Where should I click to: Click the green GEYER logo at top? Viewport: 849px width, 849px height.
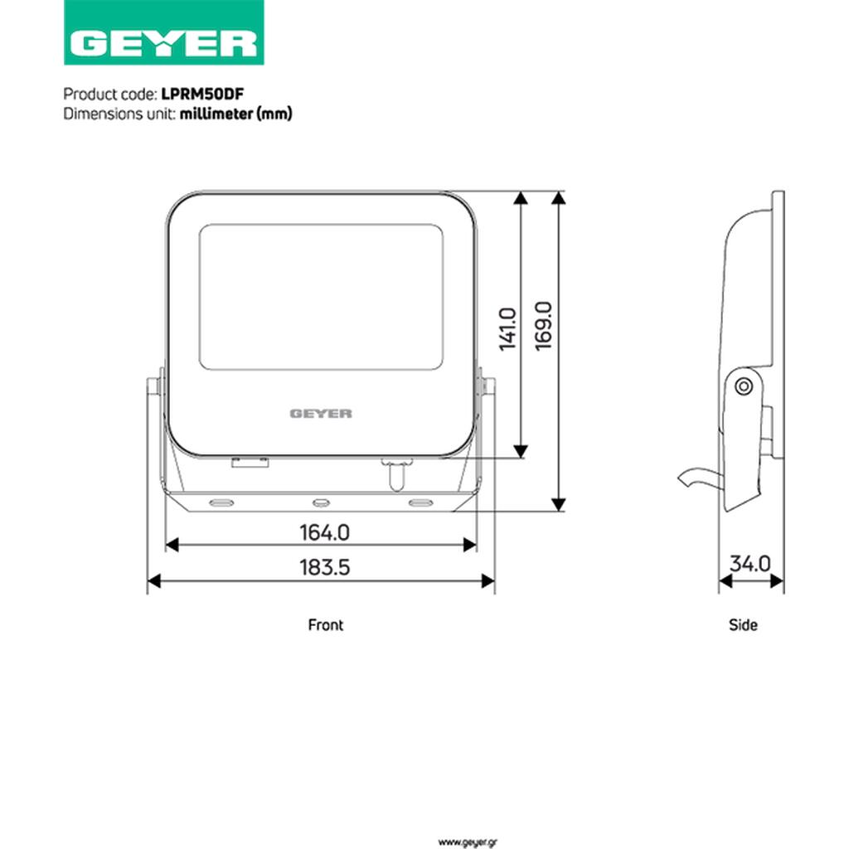(x=163, y=32)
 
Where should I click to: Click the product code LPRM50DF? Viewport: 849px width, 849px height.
(x=202, y=95)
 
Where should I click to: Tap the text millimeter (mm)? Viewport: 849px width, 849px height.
(x=236, y=114)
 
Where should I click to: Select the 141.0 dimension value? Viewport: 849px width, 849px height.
(x=508, y=329)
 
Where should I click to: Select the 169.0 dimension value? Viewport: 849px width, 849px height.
(x=543, y=326)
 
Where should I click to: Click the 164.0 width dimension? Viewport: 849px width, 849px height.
(x=325, y=532)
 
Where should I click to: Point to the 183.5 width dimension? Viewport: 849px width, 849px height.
(x=325, y=567)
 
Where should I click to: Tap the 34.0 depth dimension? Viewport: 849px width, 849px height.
(x=750, y=564)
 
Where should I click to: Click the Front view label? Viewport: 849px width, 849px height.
(x=325, y=625)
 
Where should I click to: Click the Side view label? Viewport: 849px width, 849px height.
(x=743, y=625)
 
